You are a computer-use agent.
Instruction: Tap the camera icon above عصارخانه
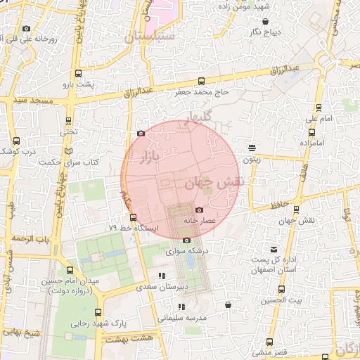[x=199, y=210]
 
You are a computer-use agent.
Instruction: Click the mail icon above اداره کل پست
[x=274, y=250]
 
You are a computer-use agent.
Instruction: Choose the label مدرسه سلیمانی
[x=181, y=317]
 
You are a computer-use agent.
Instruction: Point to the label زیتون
[x=252, y=160]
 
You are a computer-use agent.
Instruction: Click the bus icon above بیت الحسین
[x=281, y=289]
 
